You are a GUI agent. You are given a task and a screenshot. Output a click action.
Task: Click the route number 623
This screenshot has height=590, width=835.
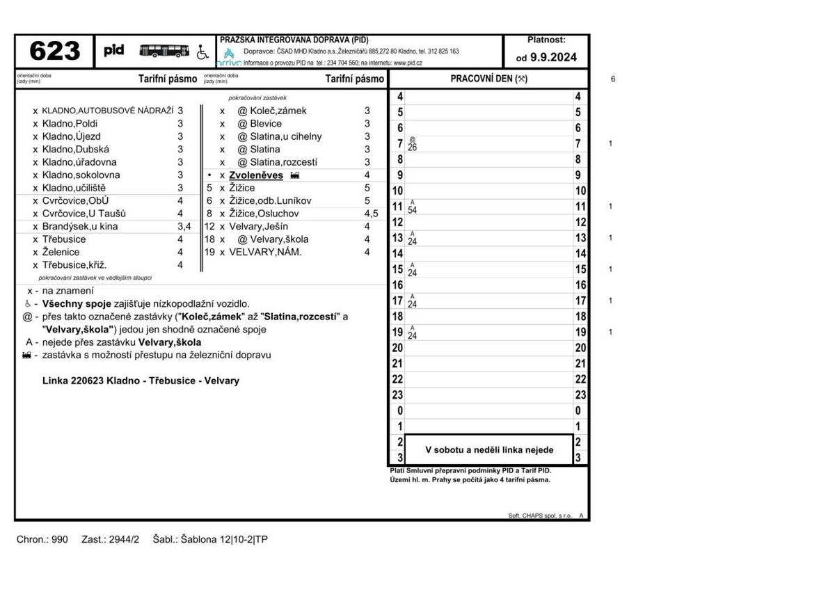pyautogui.click(x=55, y=51)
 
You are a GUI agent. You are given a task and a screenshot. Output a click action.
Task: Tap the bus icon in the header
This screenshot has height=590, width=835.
pyautogui.click(x=164, y=51)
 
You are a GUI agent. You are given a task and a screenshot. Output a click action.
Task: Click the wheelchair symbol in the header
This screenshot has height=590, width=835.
pyautogui.click(x=202, y=51)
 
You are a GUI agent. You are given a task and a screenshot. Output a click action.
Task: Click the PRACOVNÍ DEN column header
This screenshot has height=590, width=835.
pyautogui.click(x=488, y=79)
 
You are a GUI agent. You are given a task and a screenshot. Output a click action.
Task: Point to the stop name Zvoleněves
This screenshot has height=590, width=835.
pyautogui.click(x=256, y=175)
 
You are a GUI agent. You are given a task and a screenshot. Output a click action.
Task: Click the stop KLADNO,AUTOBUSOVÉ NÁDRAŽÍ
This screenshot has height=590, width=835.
pyautogui.click(x=107, y=111)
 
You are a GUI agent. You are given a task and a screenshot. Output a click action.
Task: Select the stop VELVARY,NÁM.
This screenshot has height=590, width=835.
pyautogui.click(x=265, y=252)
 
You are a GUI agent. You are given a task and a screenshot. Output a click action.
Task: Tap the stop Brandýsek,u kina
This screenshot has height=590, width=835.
pyautogui.click(x=80, y=226)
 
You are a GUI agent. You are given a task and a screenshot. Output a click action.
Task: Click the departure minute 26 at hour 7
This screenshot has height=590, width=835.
pyautogui.click(x=413, y=147)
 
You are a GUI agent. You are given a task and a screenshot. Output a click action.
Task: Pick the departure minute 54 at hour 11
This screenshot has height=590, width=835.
pyautogui.click(x=413, y=209)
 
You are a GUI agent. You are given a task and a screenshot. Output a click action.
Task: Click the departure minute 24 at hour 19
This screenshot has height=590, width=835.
pyautogui.click(x=413, y=335)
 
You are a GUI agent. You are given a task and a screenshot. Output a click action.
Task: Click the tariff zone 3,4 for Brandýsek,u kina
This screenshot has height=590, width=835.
pyautogui.click(x=184, y=226)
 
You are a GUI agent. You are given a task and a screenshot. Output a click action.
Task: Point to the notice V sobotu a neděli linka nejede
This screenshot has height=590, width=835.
pyautogui.click(x=489, y=450)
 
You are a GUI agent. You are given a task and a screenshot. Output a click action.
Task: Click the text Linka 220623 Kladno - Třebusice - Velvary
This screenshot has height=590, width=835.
pyautogui.click(x=141, y=381)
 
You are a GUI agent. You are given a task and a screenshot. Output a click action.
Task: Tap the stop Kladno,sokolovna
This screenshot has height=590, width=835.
pyautogui.click(x=81, y=175)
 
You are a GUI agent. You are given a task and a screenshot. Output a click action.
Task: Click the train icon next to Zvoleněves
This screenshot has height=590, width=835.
pyautogui.click(x=294, y=175)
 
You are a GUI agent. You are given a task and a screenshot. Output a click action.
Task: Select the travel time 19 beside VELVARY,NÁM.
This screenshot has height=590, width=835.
pyautogui.click(x=209, y=252)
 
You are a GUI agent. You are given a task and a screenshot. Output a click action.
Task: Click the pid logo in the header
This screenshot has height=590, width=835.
pyautogui.click(x=114, y=51)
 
